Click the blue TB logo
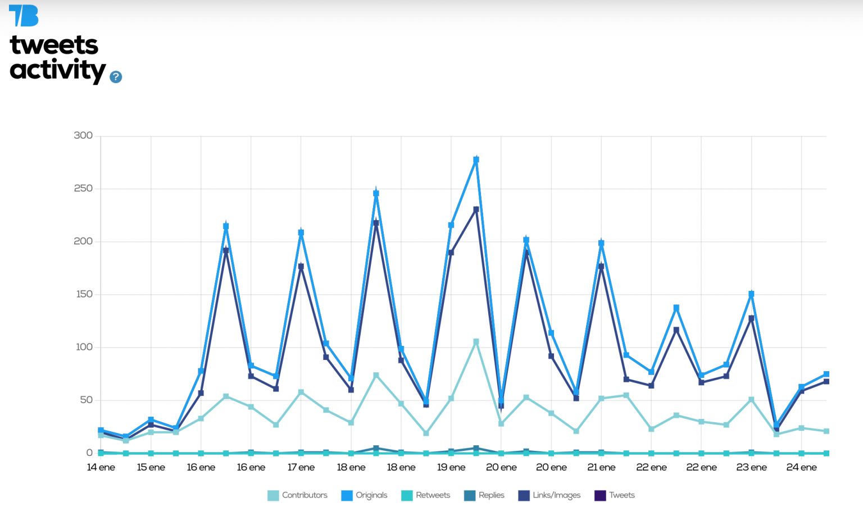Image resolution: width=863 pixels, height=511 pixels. point(24,16)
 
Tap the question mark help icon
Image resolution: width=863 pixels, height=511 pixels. point(116,77)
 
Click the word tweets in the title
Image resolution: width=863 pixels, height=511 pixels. point(54,45)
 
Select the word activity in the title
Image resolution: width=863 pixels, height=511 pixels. point(57,70)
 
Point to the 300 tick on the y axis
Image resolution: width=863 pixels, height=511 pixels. point(83,135)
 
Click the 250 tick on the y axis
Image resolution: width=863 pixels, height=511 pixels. point(83,188)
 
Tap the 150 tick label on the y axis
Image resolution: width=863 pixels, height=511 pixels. point(84,294)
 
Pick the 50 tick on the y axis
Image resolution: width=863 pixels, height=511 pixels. point(86,400)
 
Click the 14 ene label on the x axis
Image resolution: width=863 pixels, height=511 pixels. point(101,467)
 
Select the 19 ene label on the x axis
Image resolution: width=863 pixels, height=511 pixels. point(451,467)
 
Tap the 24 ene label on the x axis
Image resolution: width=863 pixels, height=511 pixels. point(801,467)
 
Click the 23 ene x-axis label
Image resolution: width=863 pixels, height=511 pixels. point(751,467)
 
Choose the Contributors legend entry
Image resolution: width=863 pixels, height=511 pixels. point(298,495)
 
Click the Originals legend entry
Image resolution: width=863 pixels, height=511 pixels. point(365,495)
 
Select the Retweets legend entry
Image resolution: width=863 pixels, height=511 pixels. point(426,495)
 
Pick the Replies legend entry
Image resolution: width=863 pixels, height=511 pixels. point(484,495)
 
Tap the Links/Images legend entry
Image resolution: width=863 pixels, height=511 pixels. point(549,495)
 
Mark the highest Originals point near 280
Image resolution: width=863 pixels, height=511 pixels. point(476,160)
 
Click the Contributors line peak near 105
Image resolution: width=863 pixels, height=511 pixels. point(476,341)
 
